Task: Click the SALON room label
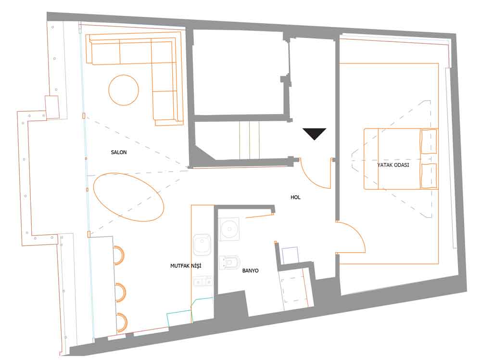tap(119, 152)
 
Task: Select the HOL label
tap(295, 197)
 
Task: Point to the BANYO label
tap(250, 270)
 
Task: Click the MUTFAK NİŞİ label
tap(186, 266)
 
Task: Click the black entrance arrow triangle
tap(315, 134)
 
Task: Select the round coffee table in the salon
tap(124, 90)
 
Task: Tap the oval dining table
tap(128, 197)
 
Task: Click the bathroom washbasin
tap(229, 229)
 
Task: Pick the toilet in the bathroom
tap(229, 262)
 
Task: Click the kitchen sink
tap(202, 245)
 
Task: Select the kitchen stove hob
tap(203, 281)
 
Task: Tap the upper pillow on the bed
tap(429, 142)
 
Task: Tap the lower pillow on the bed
tap(429, 176)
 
